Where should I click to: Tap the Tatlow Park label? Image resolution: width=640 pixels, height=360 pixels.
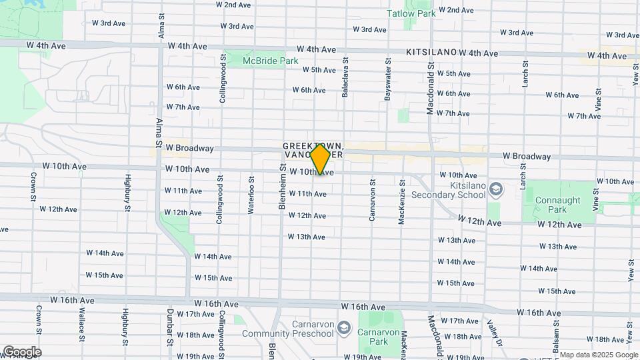point(411,13)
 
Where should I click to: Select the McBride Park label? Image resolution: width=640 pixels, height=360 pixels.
point(270,61)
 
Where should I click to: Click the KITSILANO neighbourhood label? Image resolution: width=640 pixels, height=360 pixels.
point(431,51)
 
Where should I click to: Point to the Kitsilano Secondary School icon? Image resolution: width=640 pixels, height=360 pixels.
point(496,189)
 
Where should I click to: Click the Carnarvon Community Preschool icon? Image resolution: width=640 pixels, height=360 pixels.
point(344,328)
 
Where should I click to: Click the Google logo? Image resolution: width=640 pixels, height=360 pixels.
point(22,351)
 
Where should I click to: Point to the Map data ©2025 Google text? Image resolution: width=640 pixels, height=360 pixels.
point(598,355)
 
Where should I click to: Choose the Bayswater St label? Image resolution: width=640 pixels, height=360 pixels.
point(387,83)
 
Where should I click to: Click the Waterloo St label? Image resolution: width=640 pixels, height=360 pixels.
point(251,194)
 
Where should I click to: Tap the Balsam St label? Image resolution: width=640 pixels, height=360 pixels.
point(555,331)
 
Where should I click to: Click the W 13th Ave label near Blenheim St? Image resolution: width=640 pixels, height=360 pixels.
point(307,237)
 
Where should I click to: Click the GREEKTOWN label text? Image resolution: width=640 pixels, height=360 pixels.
point(313,145)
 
